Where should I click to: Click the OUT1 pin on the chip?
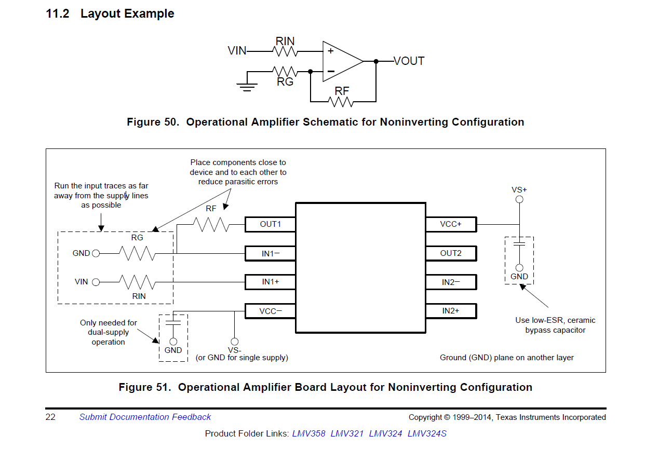coord(270,224)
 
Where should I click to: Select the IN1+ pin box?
coord(270,282)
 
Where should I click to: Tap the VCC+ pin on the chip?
coord(451,224)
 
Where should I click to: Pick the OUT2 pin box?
coord(451,253)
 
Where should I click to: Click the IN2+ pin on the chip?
coord(451,311)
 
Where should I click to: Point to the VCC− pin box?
coord(270,311)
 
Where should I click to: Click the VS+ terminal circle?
coord(519,199)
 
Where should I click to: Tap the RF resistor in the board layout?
coord(211,224)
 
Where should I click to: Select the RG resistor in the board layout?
coord(137,253)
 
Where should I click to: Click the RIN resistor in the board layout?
coord(137,282)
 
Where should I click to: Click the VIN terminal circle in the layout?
coord(96,282)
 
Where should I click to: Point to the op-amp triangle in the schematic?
coord(341,61)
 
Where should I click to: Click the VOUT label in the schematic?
coord(409,61)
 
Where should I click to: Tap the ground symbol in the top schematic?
coord(247,86)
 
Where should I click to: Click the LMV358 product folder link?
coord(308,433)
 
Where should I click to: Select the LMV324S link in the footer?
coord(427,433)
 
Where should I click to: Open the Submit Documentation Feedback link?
coord(145,417)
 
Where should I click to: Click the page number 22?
coord(50,417)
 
